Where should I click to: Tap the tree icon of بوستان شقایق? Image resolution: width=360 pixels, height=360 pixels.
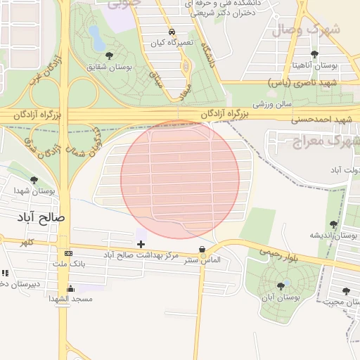[x=109, y=55]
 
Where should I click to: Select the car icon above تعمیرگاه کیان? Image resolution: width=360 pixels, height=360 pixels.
[x=172, y=32]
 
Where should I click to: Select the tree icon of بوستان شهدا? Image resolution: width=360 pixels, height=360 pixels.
[x=34, y=181]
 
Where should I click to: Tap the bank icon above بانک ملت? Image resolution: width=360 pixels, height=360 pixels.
[x=68, y=253]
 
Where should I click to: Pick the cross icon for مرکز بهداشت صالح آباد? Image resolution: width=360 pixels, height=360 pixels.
[x=141, y=244]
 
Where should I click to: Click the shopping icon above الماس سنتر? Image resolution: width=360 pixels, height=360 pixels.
[x=202, y=249]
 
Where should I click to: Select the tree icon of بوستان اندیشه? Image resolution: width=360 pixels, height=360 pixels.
[x=333, y=225]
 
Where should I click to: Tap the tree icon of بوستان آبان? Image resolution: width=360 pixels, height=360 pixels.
[x=281, y=285]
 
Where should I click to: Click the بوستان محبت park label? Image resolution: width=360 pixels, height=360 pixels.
[x=344, y=302]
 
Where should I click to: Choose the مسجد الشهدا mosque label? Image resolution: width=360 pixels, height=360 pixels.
[x=71, y=299]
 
